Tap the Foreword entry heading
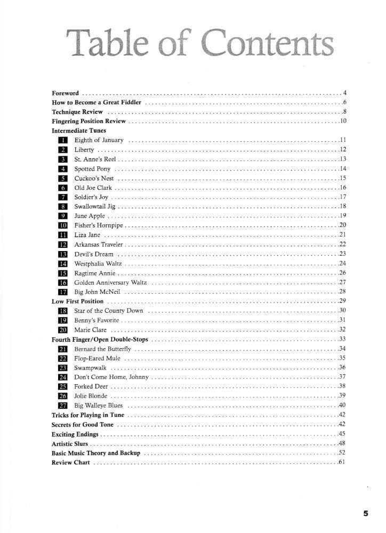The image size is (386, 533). pos(66,92)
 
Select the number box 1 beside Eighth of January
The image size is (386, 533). pos(62,140)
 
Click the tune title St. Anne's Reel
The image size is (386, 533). pos(95,159)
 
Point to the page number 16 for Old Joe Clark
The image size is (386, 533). pos(343,188)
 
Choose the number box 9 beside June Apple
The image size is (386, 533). pos(62,216)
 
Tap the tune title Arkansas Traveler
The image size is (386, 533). pos(99,245)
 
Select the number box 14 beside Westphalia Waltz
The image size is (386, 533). pos(62,264)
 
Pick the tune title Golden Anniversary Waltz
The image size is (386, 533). pos(110,282)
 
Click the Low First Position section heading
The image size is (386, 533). pos(78,302)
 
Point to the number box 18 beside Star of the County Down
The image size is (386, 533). pos(62,311)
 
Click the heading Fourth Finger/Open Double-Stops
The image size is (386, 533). pos(100,340)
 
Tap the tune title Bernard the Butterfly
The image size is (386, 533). pos(102,349)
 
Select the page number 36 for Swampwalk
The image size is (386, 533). pos(343,368)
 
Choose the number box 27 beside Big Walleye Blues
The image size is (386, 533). pos(62,406)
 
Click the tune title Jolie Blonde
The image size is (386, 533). pos(91,396)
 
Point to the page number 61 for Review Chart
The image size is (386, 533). pos(343,463)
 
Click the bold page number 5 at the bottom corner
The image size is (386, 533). pos(366,514)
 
